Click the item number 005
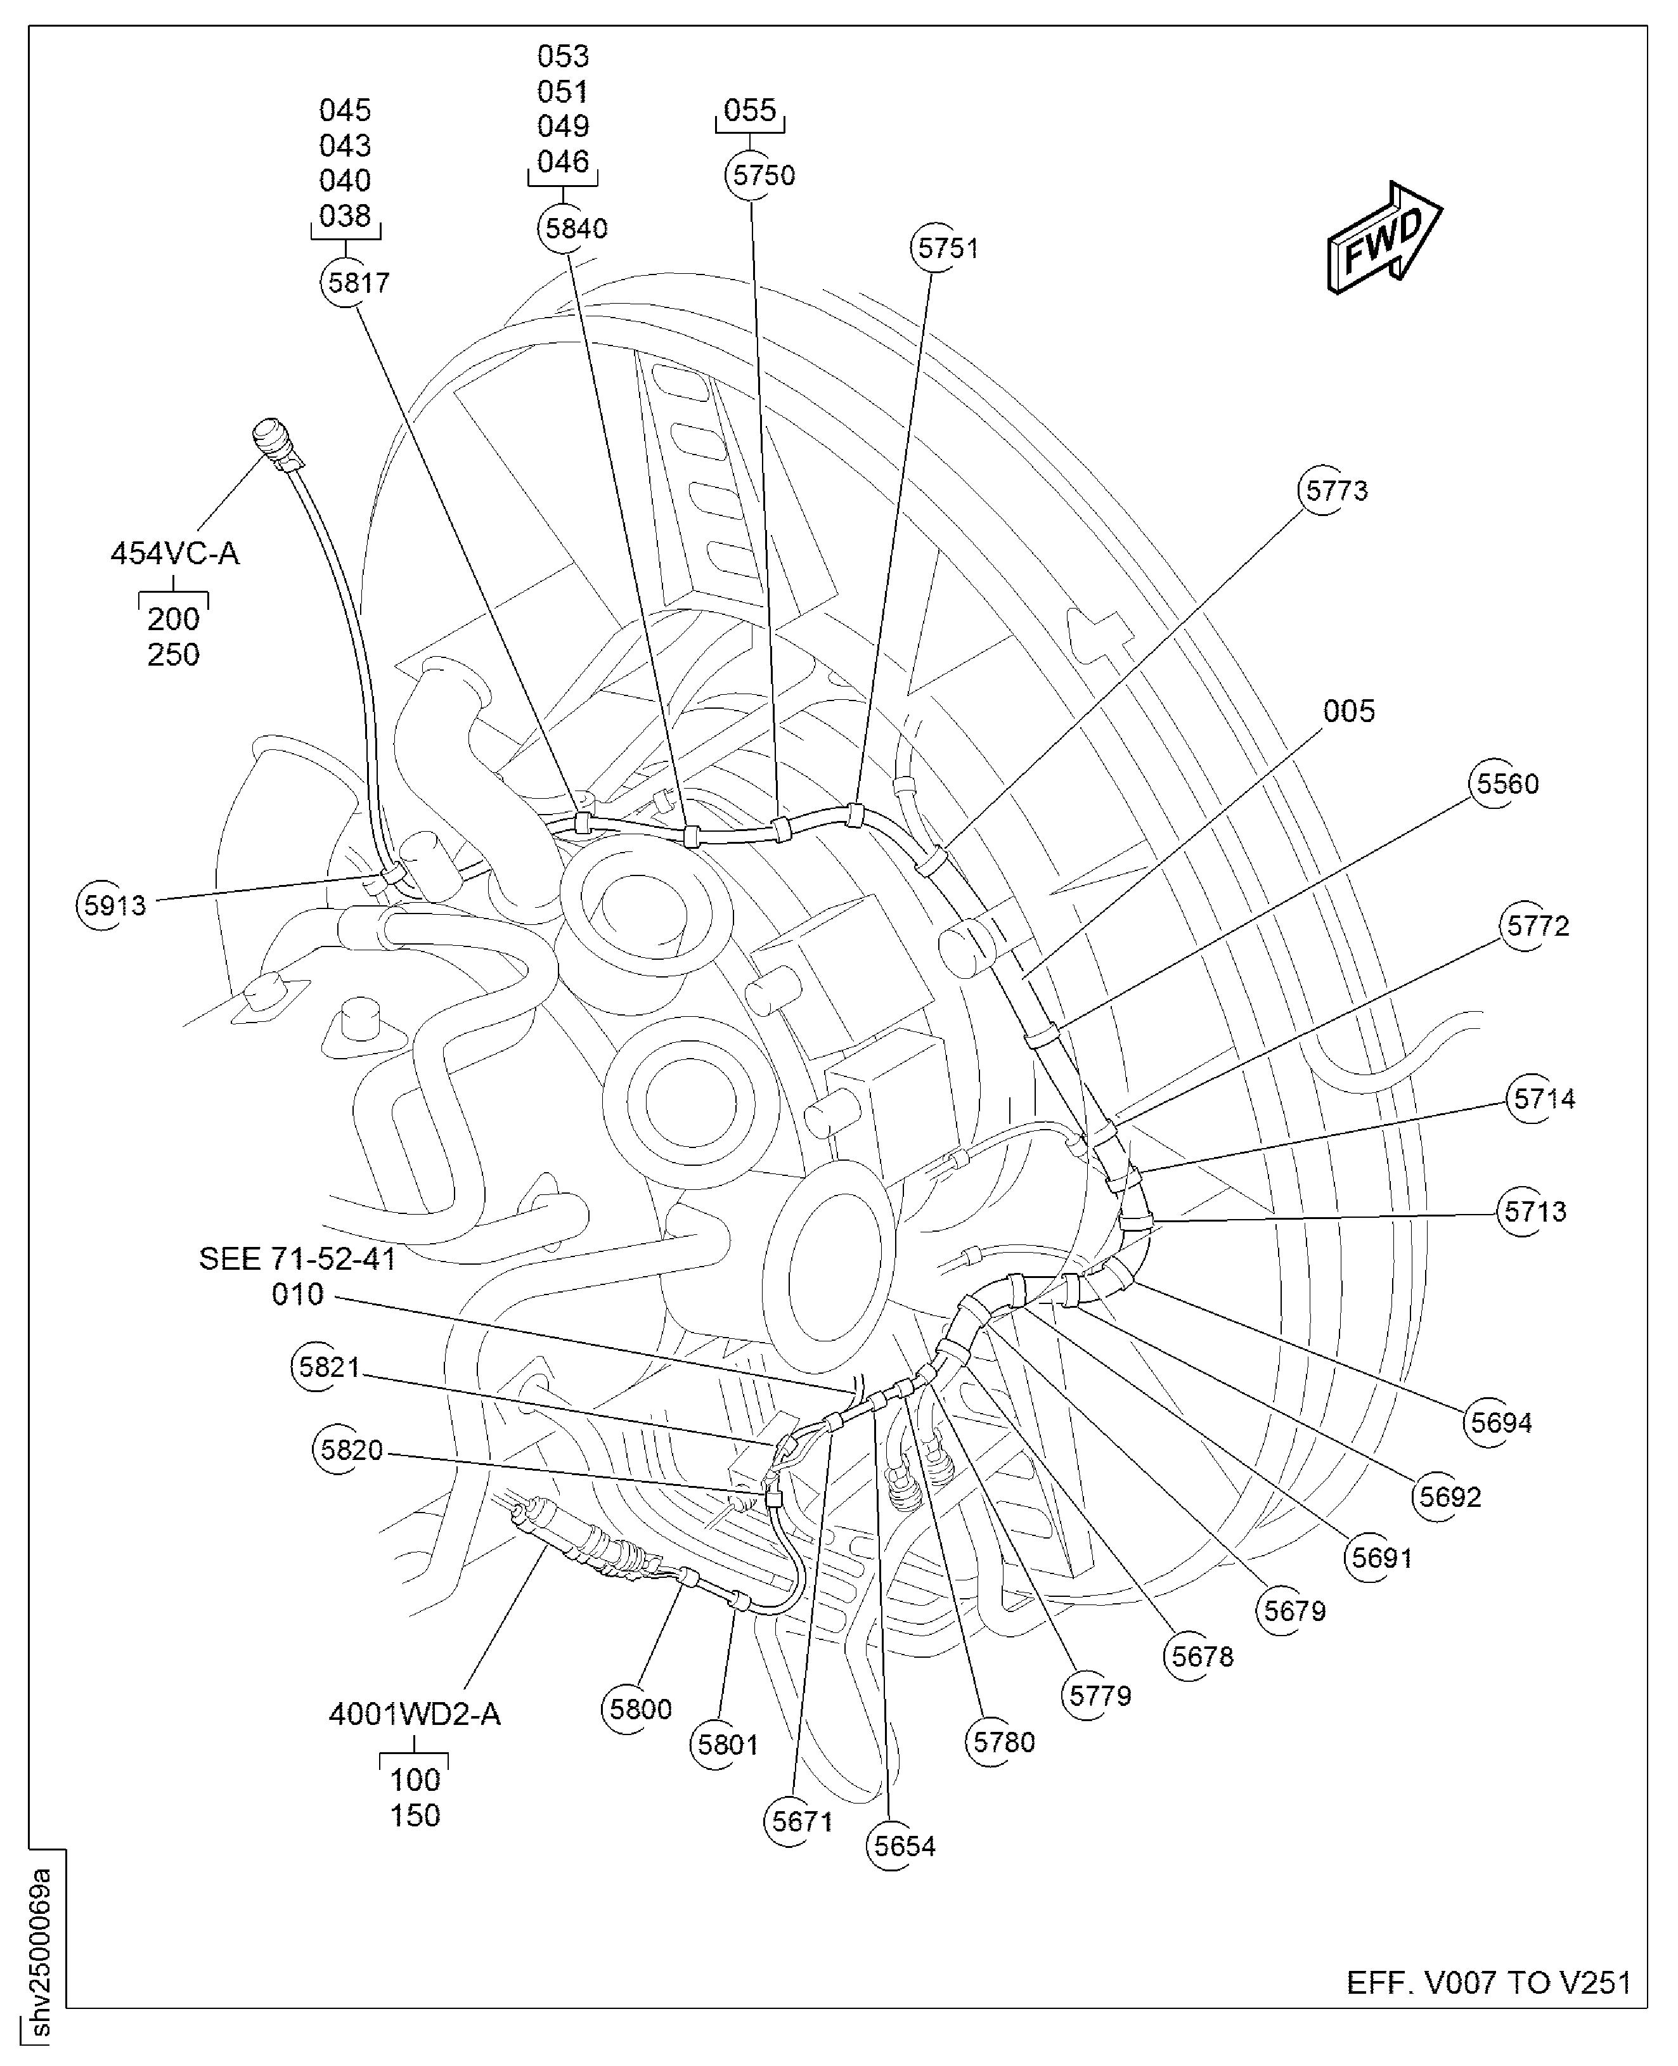click(x=1348, y=711)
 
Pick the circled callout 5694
click(x=1500, y=1423)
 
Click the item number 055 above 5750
click(x=750, y=110)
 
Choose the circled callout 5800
click(x=640, y=1709)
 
